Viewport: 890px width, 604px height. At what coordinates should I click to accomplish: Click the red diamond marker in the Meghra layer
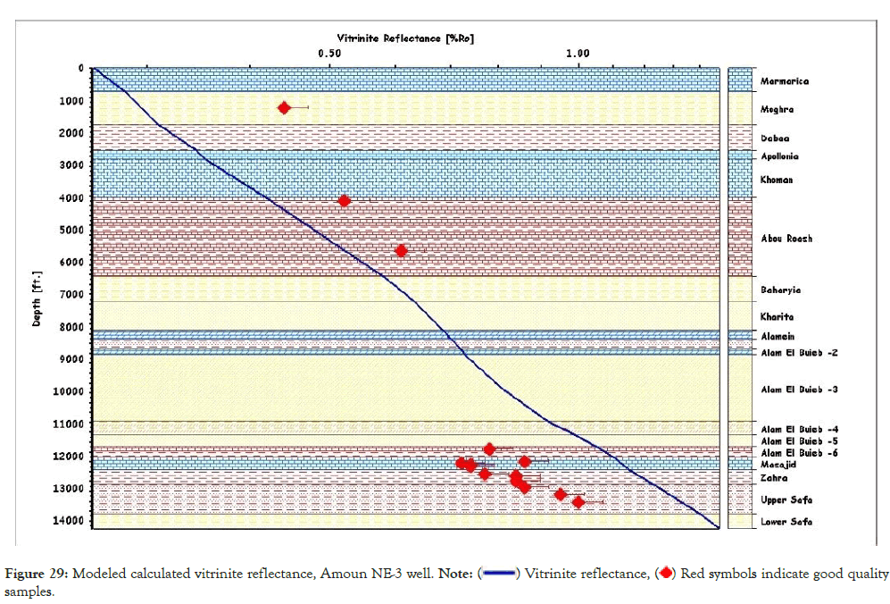tap(284, 108)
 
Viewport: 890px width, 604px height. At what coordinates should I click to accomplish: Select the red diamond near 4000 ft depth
tap(345, 201)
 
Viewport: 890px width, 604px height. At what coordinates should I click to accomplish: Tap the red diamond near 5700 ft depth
tap(401, 251)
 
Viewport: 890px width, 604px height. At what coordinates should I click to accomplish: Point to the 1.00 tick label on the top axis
tap(578, 53)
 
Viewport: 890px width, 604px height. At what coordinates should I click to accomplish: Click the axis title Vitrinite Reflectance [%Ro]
tap(404, 38)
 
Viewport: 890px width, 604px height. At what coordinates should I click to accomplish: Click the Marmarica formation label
tap(784, 81)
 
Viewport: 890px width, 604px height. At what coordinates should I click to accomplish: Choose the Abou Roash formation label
tap(786, 239)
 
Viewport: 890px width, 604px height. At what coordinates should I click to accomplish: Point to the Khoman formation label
tap(777, 180)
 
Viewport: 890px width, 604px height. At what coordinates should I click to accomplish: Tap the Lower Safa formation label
tap(786, 521)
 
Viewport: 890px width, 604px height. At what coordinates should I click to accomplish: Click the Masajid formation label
tap(778, 466)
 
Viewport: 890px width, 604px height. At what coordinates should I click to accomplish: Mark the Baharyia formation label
tap(780, 289)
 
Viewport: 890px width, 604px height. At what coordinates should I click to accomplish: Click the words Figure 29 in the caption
tap(41, 573)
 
